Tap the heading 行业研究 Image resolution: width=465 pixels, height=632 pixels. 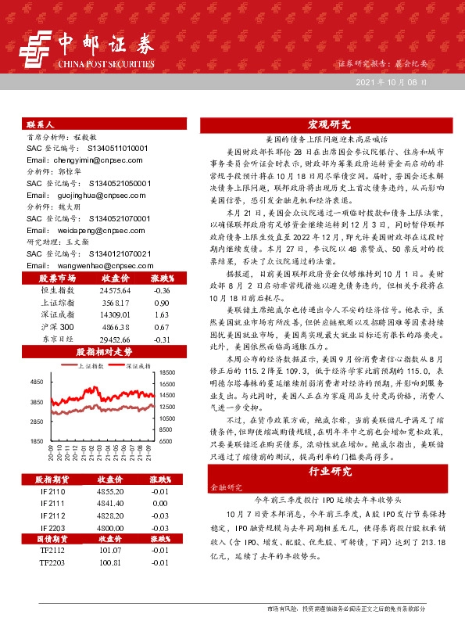pyautogui.click(x=329, y=472)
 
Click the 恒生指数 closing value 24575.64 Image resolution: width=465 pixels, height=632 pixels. pyautogui.click(x=113, y=290)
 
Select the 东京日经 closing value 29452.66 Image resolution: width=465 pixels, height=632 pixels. pyautogui.click(x=113, y=340)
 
